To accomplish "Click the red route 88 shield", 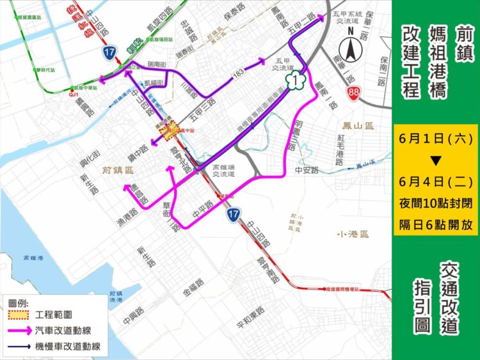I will (354, 93).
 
